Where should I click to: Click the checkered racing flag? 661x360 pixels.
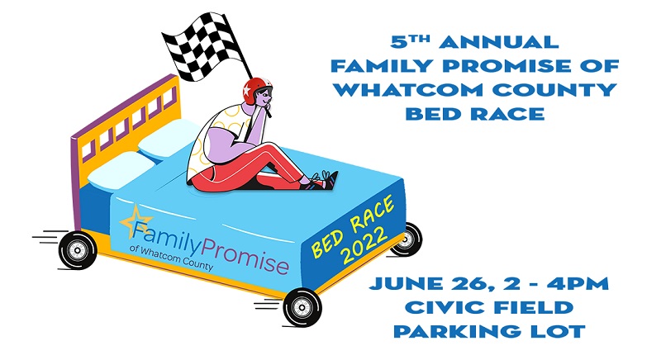click(x=202, y=47)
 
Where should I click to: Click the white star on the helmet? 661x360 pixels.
click(x=246, y=90)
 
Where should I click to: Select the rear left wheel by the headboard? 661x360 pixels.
click(x=77, y=250)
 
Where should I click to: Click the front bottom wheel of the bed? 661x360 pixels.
click(x=302, y=308)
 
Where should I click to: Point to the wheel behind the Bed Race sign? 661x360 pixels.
click(x=407, y=239)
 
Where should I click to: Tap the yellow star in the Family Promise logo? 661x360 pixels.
click(x=136, y=221)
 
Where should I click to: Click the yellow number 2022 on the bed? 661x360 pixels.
click(x=364, y=246)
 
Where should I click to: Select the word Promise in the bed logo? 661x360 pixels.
click(x=245, y=256)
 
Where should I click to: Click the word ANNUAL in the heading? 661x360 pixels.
click(x=499, y=42)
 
